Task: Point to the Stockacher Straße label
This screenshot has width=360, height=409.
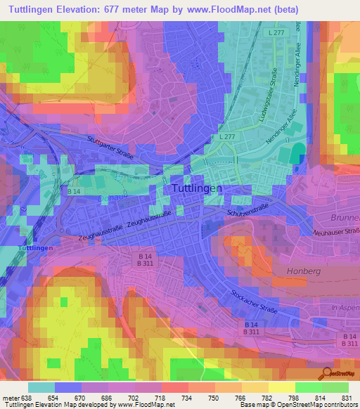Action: (x=255, y=302)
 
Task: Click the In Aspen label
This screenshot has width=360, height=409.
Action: (x=345, y=309)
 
